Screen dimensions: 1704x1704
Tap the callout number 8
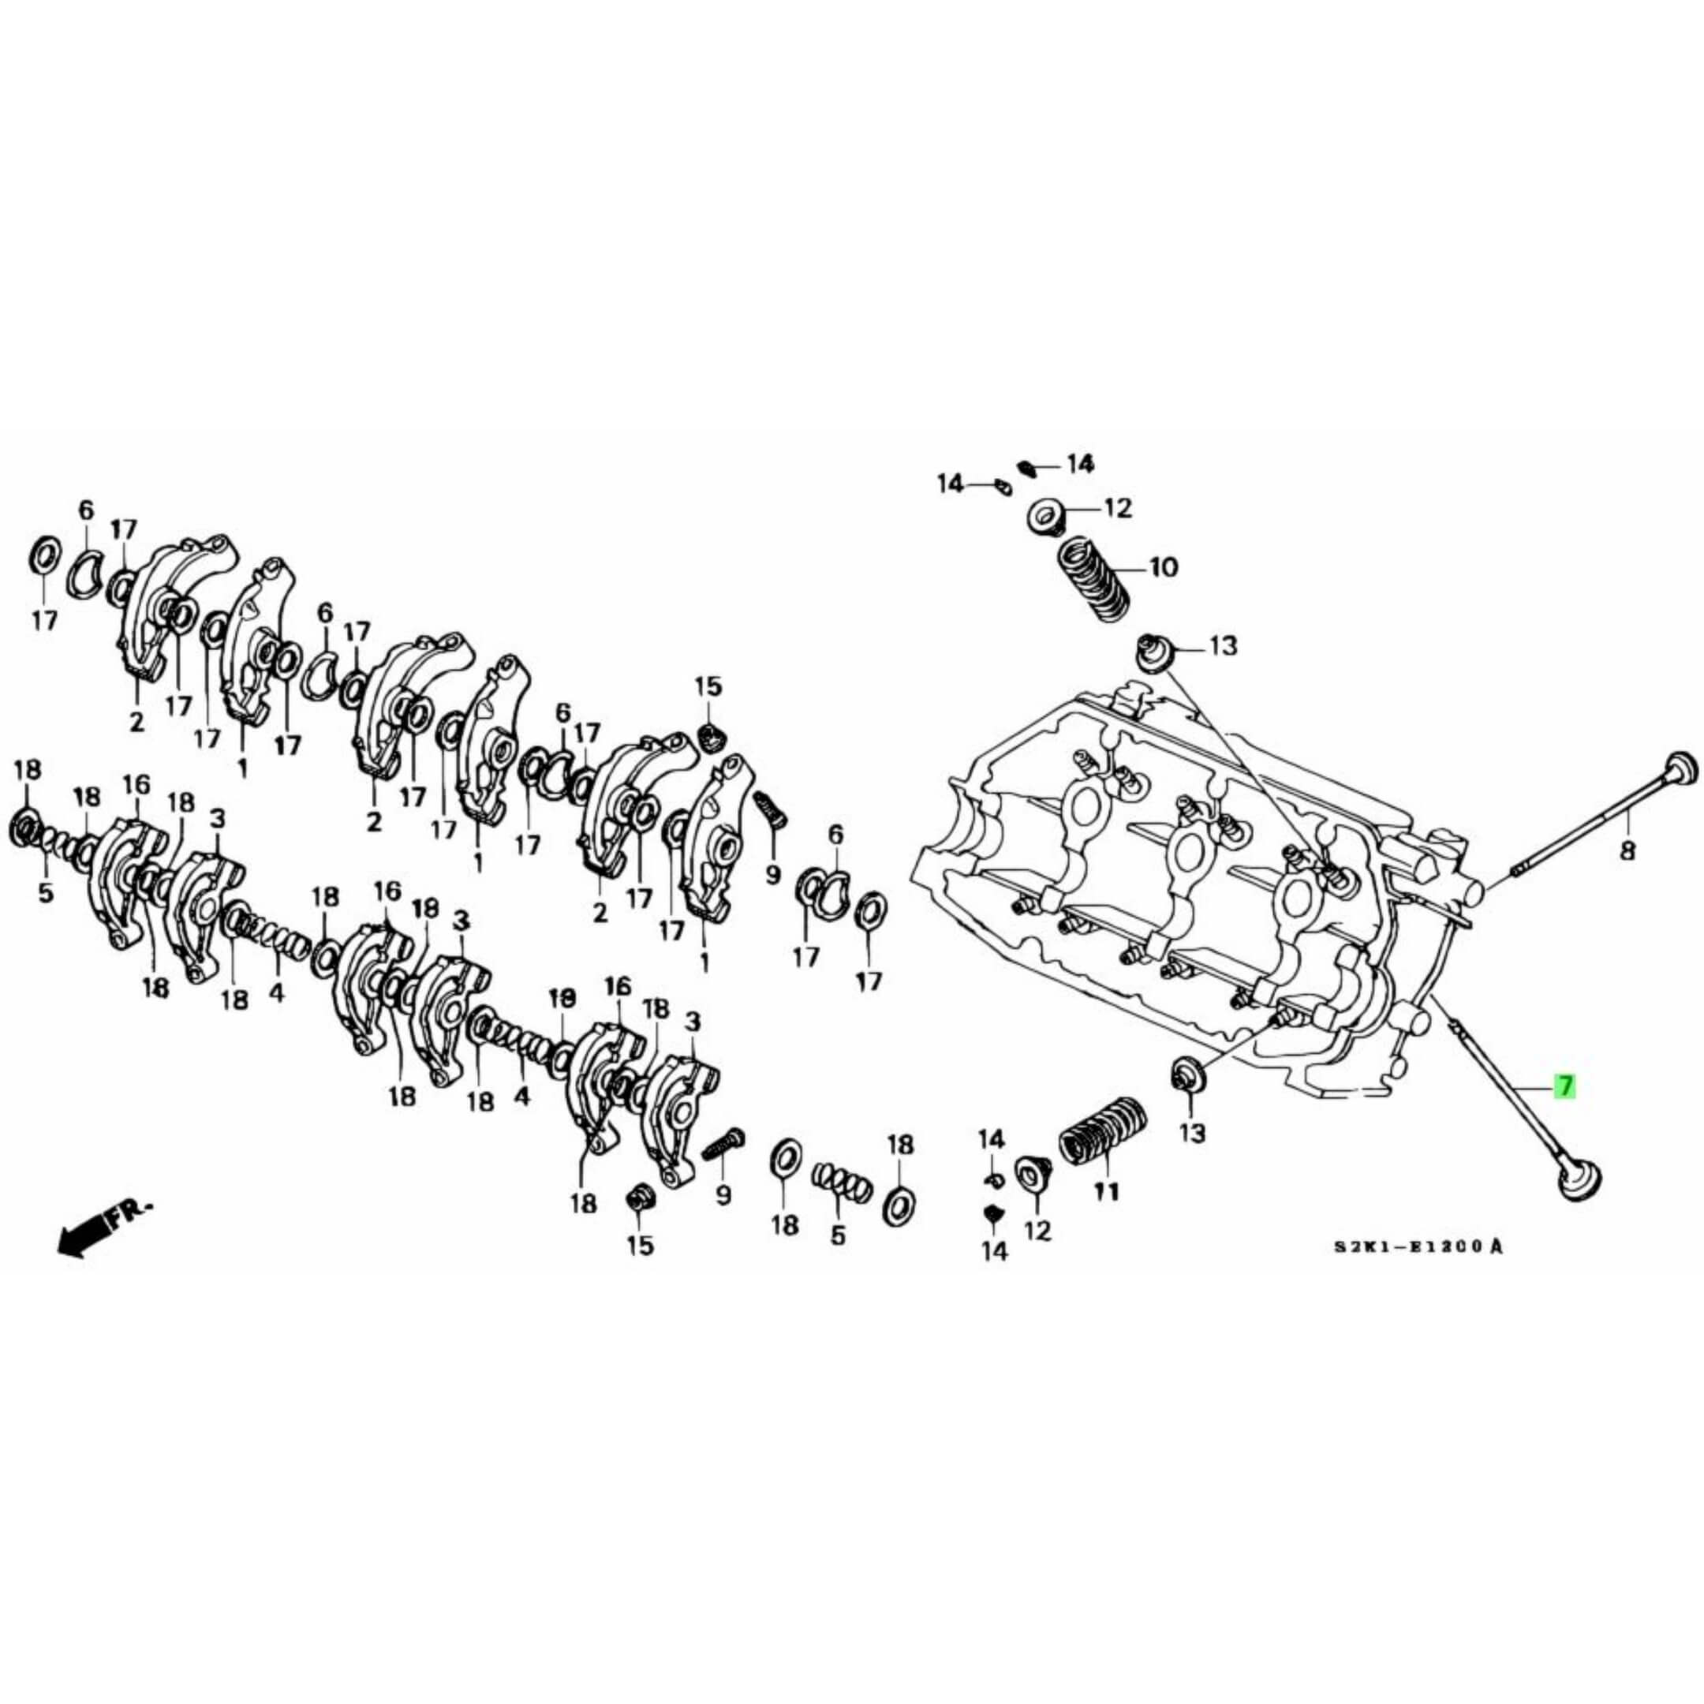coord(1627,851)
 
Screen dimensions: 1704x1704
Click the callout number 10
coord(1163,567)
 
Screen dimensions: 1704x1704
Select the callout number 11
coord(1106,1191)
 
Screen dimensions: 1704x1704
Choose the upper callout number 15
coord(708,687)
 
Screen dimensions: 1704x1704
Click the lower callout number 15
coord(641,1245)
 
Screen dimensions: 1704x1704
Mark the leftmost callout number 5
coord(45,891)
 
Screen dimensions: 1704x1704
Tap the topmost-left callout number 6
coord(85,510)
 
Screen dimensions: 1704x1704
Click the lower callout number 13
coord(1191,1133)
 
